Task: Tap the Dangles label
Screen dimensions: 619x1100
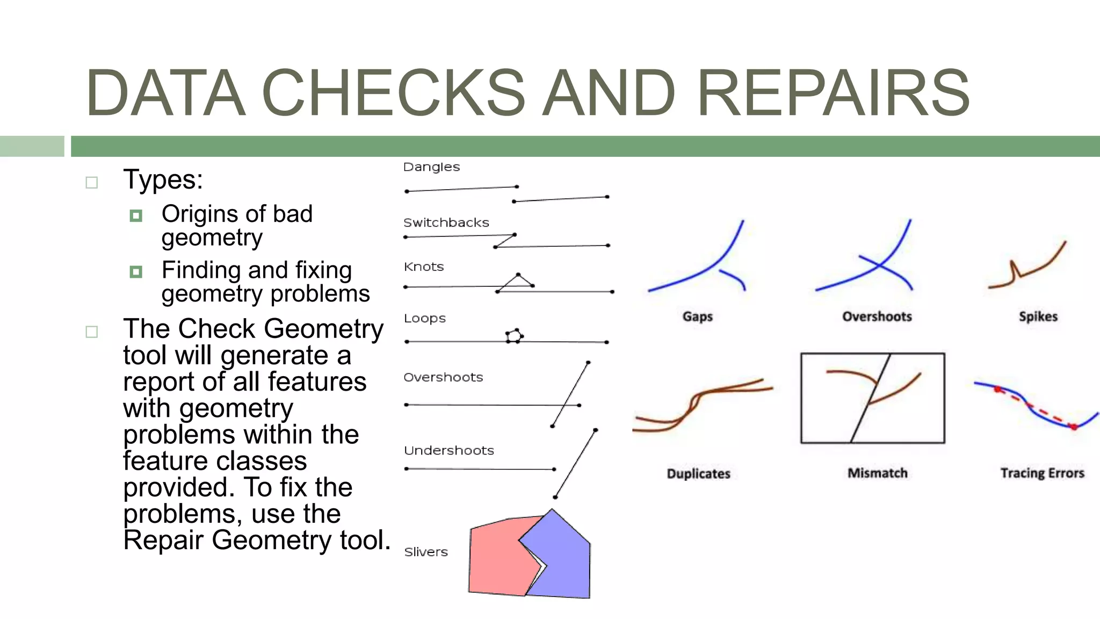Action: (431, 167)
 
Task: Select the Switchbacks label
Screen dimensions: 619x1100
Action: (446, 222)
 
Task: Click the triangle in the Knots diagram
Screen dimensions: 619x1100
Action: (517, 282)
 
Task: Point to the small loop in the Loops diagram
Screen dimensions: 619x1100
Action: (514, 336)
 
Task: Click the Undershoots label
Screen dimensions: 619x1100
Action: (448, 450)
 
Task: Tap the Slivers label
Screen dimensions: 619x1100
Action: (425, 552)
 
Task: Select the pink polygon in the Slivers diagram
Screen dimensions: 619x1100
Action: (494, 559)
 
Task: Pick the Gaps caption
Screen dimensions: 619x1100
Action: (697, 316)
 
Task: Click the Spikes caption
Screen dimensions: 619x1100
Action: (1038, 316)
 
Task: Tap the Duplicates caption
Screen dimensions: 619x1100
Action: (698, 473)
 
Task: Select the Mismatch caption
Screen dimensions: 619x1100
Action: (877, 473)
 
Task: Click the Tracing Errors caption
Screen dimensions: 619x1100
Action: (1042, 473)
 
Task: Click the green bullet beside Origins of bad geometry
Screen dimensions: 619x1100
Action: (136, 215)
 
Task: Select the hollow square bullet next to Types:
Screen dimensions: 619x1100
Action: (92, 183)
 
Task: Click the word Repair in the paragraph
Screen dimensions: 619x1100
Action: (163, 540)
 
